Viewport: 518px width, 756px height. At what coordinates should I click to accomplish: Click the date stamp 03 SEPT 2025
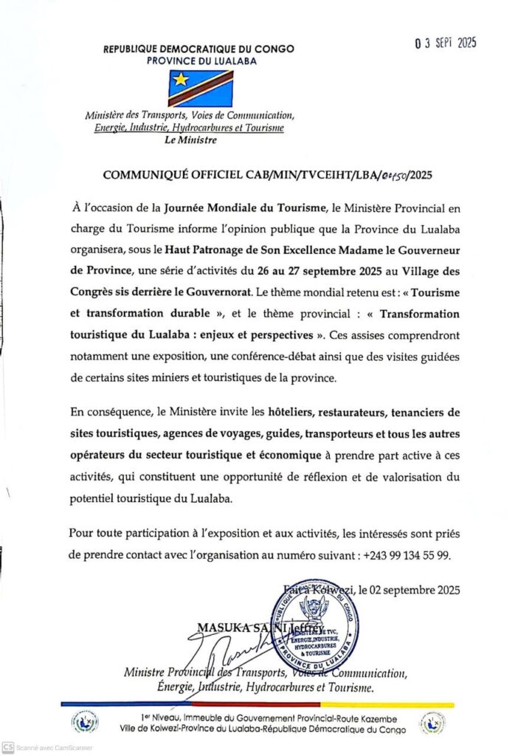445,43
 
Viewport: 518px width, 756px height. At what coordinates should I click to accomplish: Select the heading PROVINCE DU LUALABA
201,61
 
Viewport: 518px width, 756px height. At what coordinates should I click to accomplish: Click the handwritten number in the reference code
397,176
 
